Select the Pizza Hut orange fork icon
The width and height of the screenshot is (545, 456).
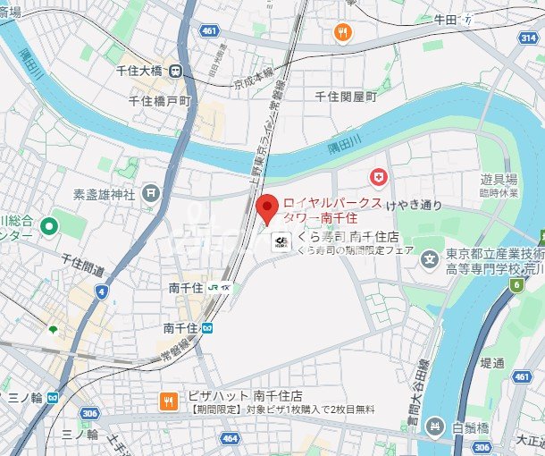166,401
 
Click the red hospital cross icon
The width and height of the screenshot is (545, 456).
380,178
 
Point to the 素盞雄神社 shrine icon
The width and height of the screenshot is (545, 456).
152,191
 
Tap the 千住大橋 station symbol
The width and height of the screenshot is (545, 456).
177,71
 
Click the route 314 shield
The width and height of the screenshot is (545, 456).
528,37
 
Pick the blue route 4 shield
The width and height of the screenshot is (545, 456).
104,291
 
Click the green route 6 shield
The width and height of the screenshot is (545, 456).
516,285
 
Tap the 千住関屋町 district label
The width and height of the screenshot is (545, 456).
347,96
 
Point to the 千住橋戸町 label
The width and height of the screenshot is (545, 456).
161,102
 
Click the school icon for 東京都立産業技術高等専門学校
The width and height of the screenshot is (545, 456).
432,263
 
